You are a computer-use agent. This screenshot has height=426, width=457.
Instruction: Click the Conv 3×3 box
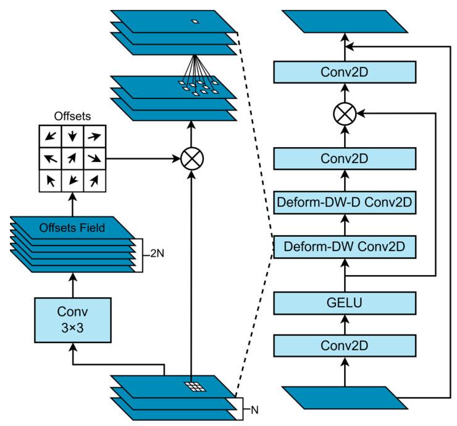click(x=73, y=320)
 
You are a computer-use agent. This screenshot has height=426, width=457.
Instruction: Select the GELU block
click(x=344, y=304)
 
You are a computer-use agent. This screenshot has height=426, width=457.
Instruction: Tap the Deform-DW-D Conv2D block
click(x=344, y=202)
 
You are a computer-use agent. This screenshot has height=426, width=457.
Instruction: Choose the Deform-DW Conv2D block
click(x=344, y=247)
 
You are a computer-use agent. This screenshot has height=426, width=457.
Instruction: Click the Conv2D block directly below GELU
click(x=344, y=344)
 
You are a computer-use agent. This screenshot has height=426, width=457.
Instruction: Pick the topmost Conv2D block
click(x=344, y=72)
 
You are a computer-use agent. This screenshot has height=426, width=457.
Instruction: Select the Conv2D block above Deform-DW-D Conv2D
click(x=344, y=158)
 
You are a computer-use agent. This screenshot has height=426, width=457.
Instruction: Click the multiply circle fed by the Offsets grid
click(x=191, y=159)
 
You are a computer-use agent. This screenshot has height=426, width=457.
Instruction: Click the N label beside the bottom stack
click(x=253, y=409)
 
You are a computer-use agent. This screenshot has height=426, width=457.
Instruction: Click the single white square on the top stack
click(x=195, y=22)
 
